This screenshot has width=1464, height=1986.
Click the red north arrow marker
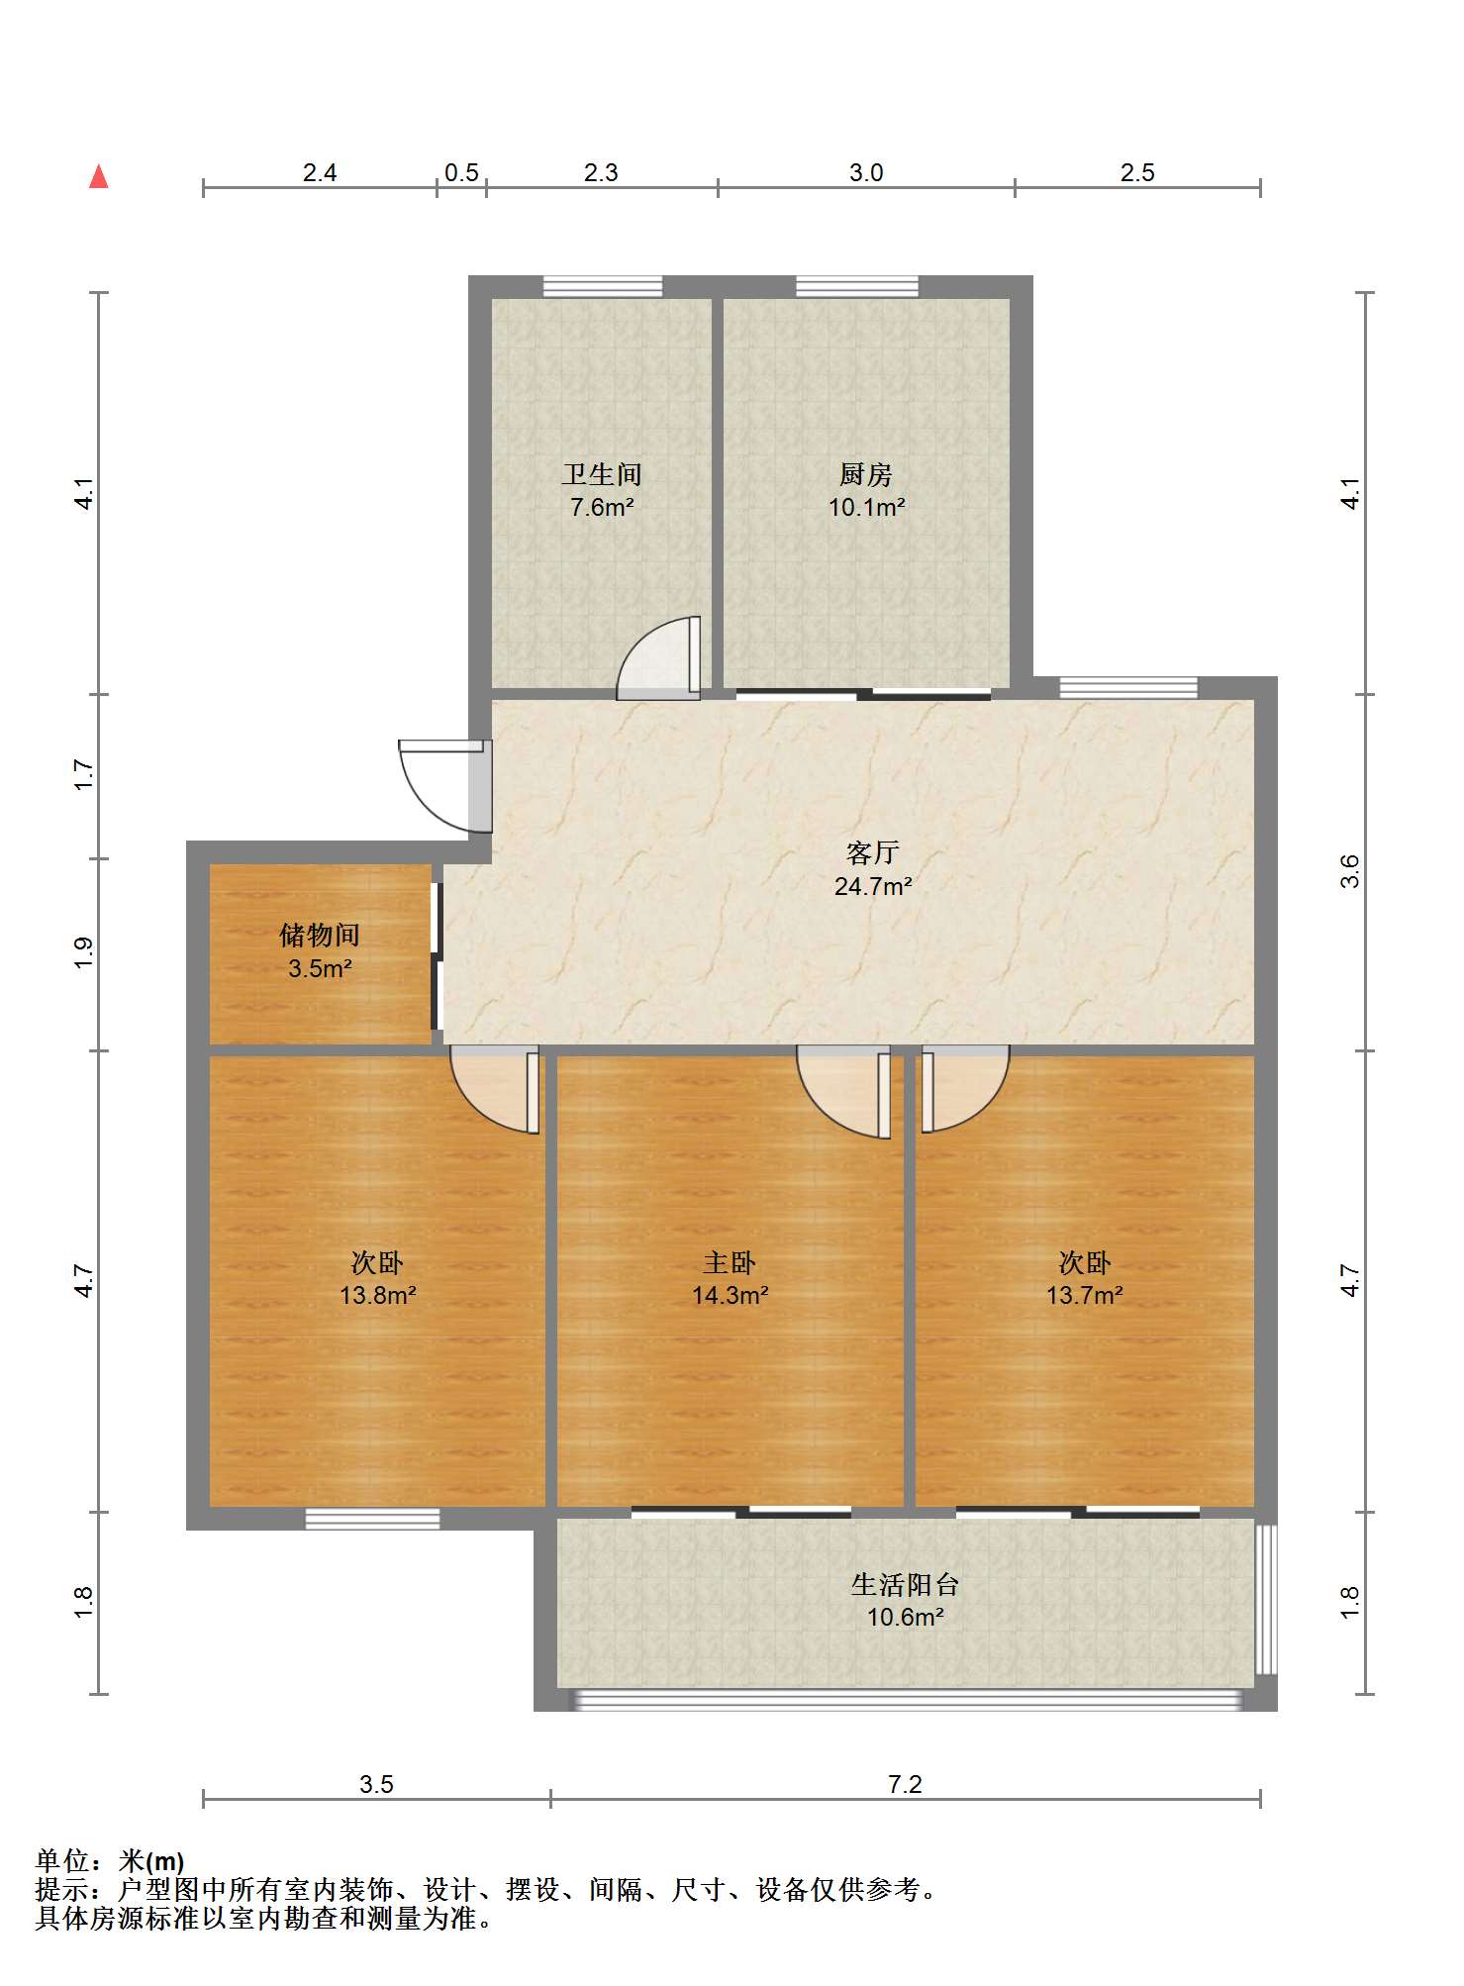click(98, 177)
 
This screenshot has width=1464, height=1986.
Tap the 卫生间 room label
click(602, 475)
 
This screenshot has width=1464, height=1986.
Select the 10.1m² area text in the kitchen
click(866, 508)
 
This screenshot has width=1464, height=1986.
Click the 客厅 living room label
click(872, 852)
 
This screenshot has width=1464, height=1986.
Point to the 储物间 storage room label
click(319, 935)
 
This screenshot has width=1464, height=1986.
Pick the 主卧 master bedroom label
click(730, 1262)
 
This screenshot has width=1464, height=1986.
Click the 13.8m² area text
click(377, 1295)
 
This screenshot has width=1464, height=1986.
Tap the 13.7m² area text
click(1084, 1295)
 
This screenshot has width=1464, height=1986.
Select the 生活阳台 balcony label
click(905, 1585)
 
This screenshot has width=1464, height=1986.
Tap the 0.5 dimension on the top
click(461, 173)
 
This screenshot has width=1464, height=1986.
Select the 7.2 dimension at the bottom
click(905, 1784)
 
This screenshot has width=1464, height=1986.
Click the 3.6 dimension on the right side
click(1349, 871)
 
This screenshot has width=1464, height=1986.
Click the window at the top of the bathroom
click(603, 286)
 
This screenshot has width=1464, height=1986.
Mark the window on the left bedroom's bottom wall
click(372, 1519)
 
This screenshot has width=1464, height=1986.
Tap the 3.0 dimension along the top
click(866, 173)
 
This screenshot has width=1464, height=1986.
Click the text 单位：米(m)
click(110, 1861)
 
